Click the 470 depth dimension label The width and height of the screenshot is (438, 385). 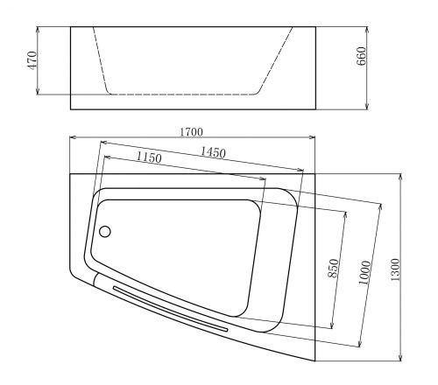click(x=32, y=60)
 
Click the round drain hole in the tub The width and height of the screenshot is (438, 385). click(x=106, y=232)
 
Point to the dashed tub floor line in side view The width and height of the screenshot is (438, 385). click(x=184, y=94)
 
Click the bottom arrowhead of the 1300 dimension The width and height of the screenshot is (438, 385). click(x=400, y=359)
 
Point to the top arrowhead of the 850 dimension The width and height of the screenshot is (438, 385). click(x=348, y=213)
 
